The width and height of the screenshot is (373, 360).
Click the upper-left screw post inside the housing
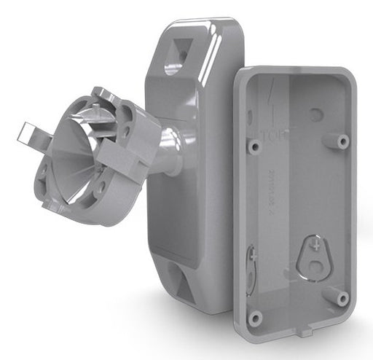(255, 146)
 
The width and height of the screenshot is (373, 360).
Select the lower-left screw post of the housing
(255, 317)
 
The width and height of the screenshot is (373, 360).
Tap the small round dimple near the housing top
(315, 114)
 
